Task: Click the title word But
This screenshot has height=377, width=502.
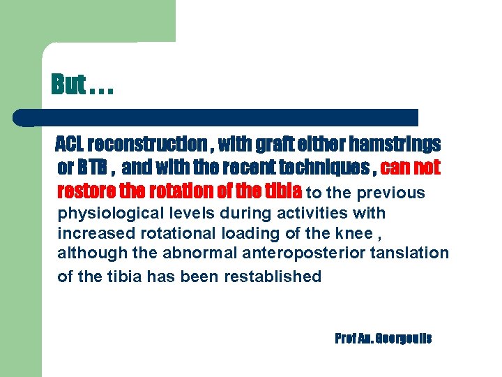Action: [x=68, y=84]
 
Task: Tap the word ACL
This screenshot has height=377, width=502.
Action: [x=70, y=145]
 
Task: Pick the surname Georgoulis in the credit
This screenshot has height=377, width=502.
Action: [x=404, y=339]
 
